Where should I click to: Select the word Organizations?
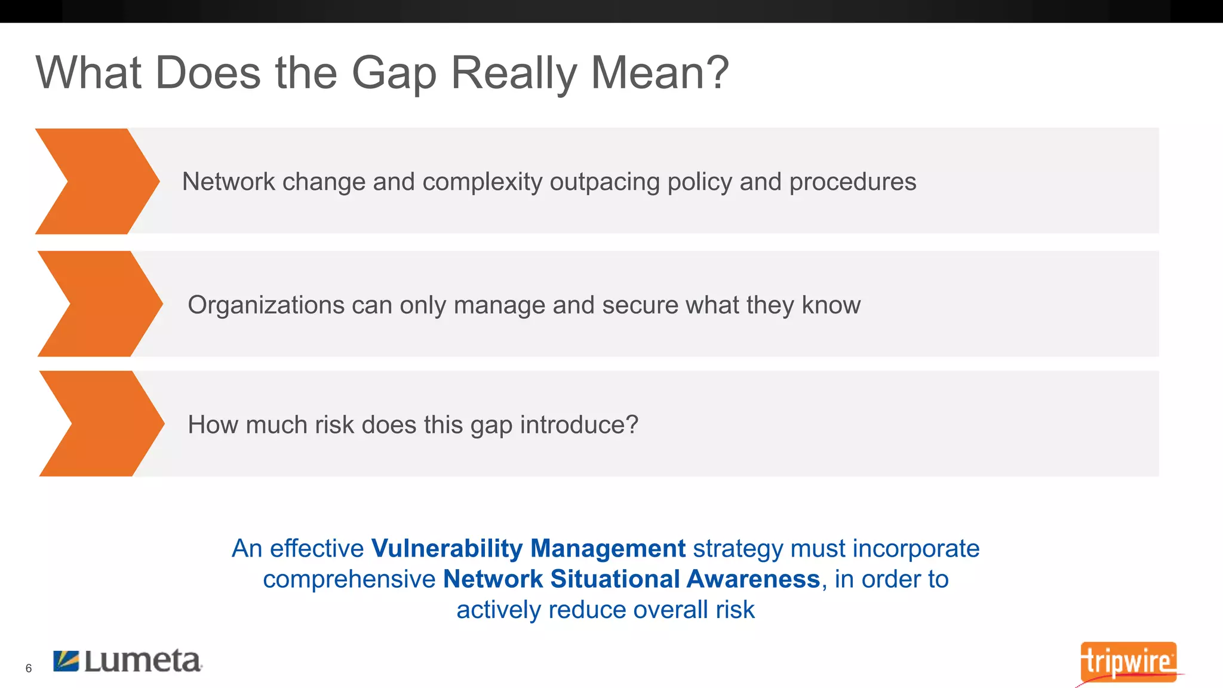[266, 305]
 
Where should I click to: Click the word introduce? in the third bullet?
[579, 425]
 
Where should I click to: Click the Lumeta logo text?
[143, 661]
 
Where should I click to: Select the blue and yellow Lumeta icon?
[66, 661]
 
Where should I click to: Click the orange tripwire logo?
[1128, 662]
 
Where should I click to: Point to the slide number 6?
[29, 668]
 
